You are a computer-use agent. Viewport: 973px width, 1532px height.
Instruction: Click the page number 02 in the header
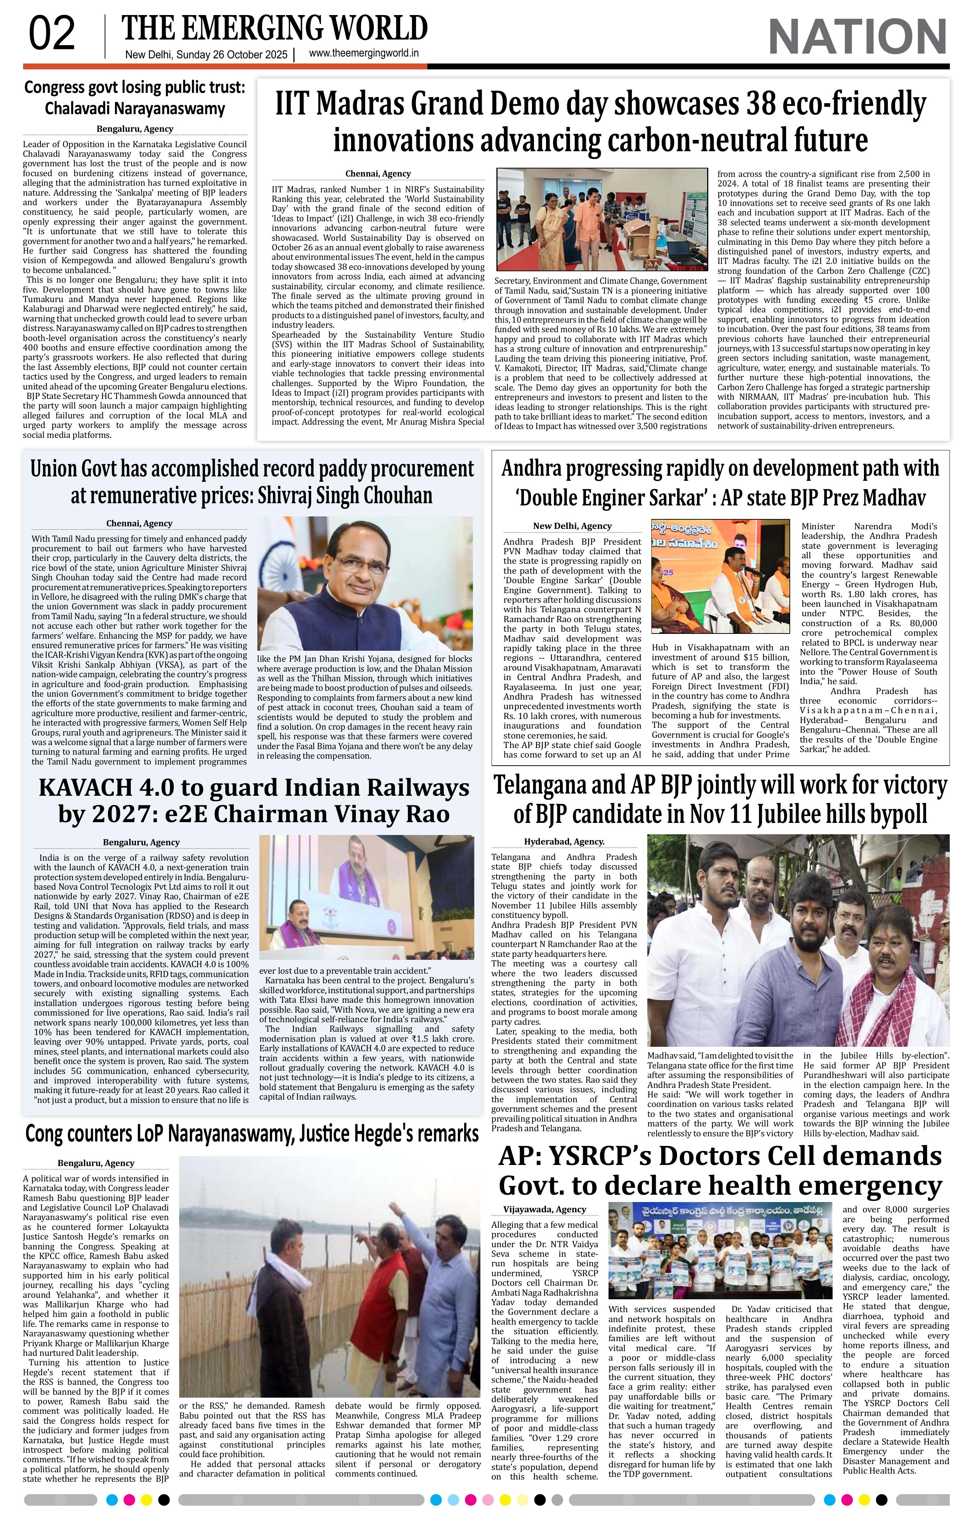(51, 35)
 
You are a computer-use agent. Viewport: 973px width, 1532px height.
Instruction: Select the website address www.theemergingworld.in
(364, 54)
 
